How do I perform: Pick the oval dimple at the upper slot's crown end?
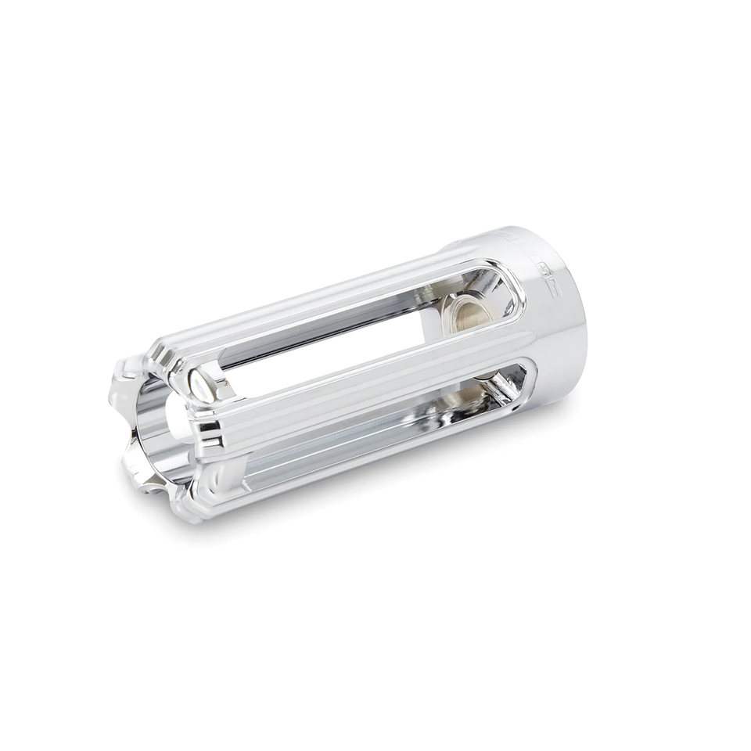coord(205,385)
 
